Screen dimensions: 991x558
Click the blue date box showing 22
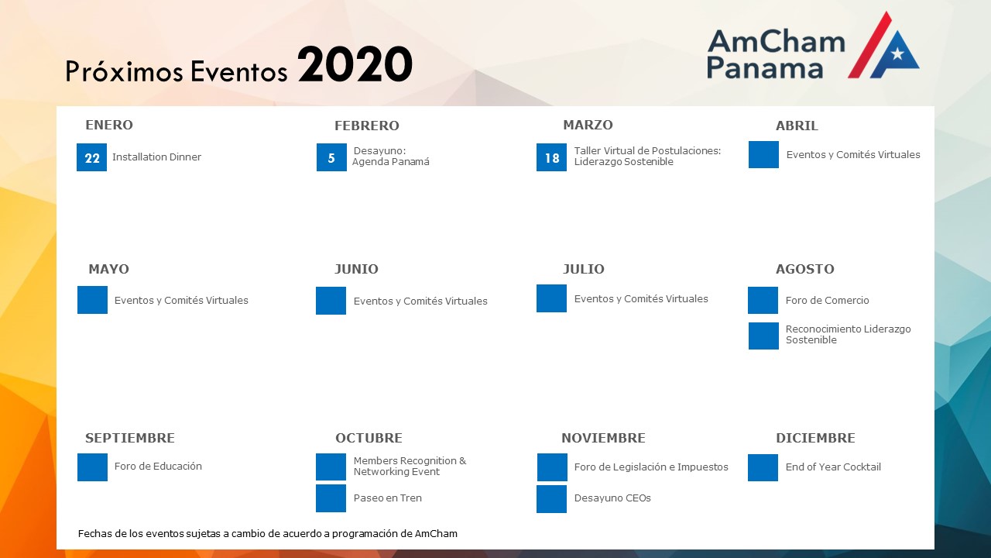coord(91,157)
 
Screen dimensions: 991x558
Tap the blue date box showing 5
coord(331,157)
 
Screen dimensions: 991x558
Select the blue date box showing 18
coord(551,157)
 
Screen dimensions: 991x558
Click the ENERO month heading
coord(109,125)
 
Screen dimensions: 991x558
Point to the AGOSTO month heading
coord(804,269)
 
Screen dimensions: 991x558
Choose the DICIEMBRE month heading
coord(815,438)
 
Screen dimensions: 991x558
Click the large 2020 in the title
coord(355,64)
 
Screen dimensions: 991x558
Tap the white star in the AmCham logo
coord(897,53)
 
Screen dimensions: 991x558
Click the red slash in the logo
coord(869,45)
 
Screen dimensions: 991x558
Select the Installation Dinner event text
coord(156,157)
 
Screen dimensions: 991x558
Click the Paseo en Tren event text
coord(388,498)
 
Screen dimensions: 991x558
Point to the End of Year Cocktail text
coord(833,467)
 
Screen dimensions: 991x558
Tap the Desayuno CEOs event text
coord(612,498)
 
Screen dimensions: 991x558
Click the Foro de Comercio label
coord(828,301)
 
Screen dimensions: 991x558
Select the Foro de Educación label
coord(158,467)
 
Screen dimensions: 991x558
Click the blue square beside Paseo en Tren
coord(331,498)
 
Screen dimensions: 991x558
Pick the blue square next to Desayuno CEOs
coord(552,499)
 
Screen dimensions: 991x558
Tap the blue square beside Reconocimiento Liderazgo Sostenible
coord(763,336)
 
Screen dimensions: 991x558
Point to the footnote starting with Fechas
coord(268,534)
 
